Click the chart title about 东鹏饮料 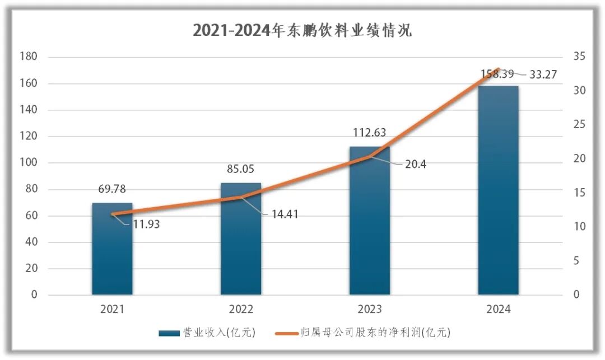pyautogui.click(x=302, y=30)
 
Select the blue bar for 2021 pyautogui.click(x=112, y=252)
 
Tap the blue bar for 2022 pyautogui.click(x=241, y=241)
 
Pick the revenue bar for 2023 pyautogui.click(x=369, y=224)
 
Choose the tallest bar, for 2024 pyautogui.click(x=498, y=190)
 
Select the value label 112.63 pyautogui.click(x=369, y=133)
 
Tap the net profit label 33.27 pyautogui.click(x=542, y=74)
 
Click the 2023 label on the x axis pyautogui.click(x=369, y=309)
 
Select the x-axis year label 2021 pyautogui.click(x=112, y=309)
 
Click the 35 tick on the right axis pyautogui.click(x=579, y=57)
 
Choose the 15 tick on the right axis pyautogui.click(x=579, y=193)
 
